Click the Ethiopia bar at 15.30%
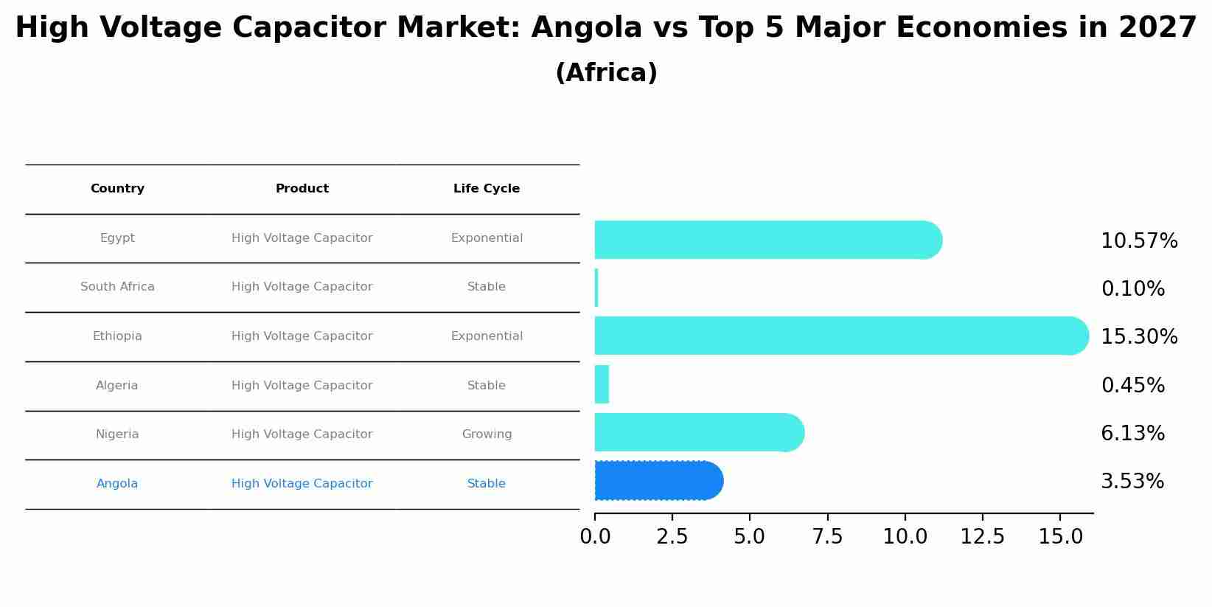(x=840, y=336)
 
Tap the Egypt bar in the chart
(x=767, y=240)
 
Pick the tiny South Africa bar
(x=596, y=288)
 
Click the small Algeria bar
(x=602, y=384)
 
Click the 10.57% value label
(x=1139, y=241)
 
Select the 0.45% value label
(x=1132, y=386)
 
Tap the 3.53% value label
(x=1132, y=482)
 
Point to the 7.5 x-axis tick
(x=827, y=537)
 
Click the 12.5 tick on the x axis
(x=982, y=537)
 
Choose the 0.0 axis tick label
(x=595, y=537)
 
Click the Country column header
(x=117, y=189)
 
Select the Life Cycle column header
(x=487, y=189)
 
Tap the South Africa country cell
(x=117, y=287)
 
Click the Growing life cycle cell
(x=487, y=434)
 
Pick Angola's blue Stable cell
(x=487, y=484)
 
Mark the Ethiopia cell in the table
(x=117, y=336)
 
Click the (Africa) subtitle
(x=606, y=73)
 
